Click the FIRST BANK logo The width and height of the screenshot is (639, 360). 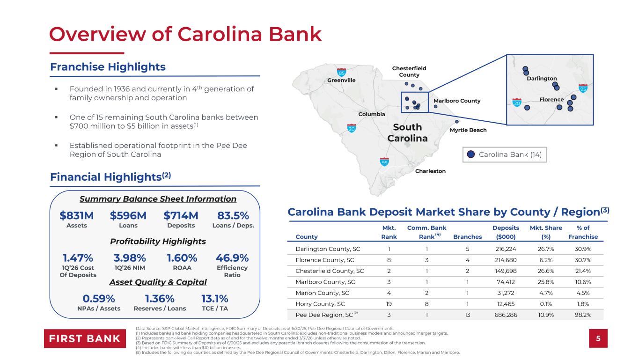tap(85, 338)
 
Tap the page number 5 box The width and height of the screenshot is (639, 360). tap(598, 338)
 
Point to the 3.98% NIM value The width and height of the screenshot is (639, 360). tap(130, 258)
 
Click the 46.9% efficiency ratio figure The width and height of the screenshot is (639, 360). tap(232, 258)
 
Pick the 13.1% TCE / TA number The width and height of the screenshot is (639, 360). tap(214, 299)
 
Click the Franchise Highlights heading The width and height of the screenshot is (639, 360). tap(108, 67)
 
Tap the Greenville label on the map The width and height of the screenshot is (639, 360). tap(341, 80)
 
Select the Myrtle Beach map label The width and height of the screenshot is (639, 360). tap(468, 130)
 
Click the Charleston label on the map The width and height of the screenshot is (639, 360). tap(430, 171)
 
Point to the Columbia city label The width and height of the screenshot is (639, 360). tap(371, 114)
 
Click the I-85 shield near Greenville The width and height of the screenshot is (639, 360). tap(341, 72)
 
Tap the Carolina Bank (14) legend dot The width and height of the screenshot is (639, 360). tap(470, 154)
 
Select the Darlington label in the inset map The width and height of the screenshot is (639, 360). tap(542, 79)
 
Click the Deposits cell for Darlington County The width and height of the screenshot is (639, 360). tap(506, 249)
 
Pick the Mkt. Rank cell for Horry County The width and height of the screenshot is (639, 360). tap(389, 304)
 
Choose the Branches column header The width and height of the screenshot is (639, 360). tap(467, 237)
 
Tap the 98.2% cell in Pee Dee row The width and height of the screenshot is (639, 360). tap(583, 315)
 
